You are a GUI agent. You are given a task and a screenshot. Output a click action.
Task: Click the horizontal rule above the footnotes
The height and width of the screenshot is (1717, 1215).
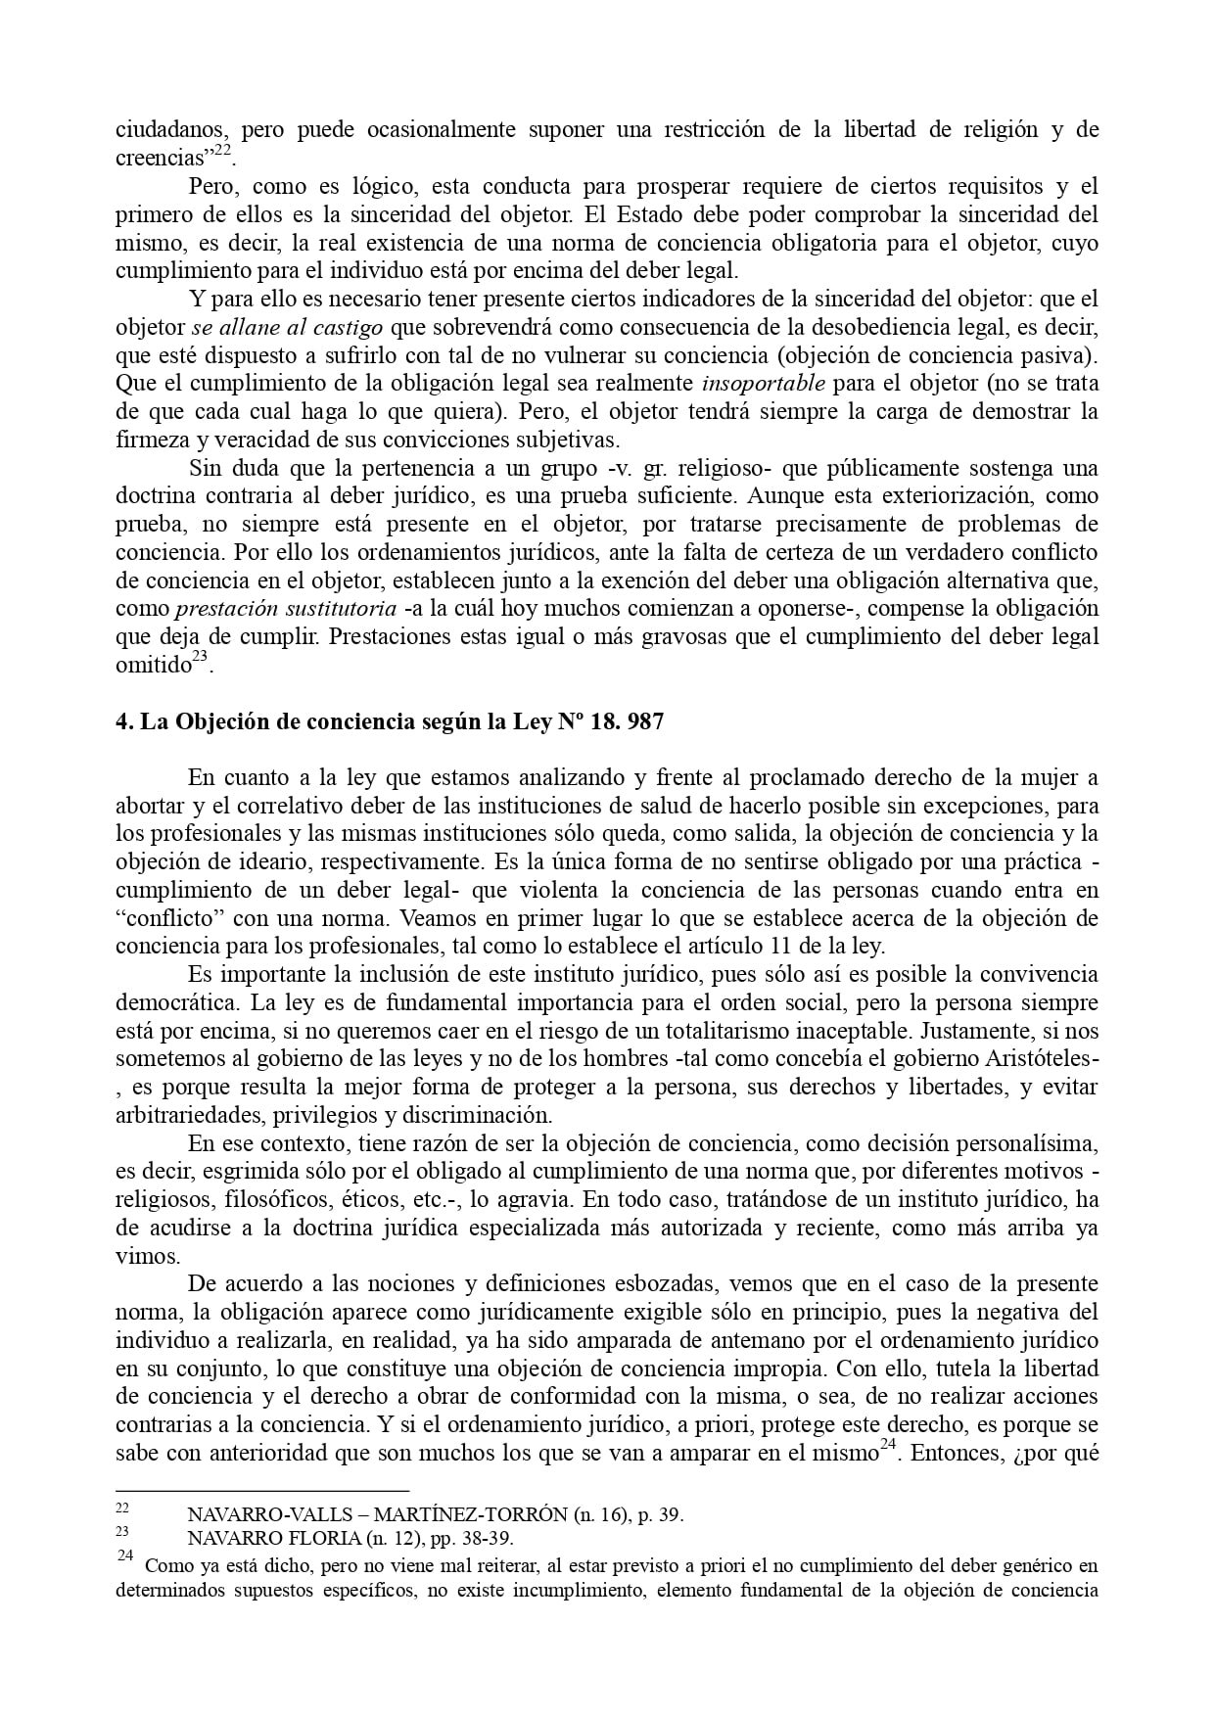pyautogui.click(x=261, y=1490)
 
